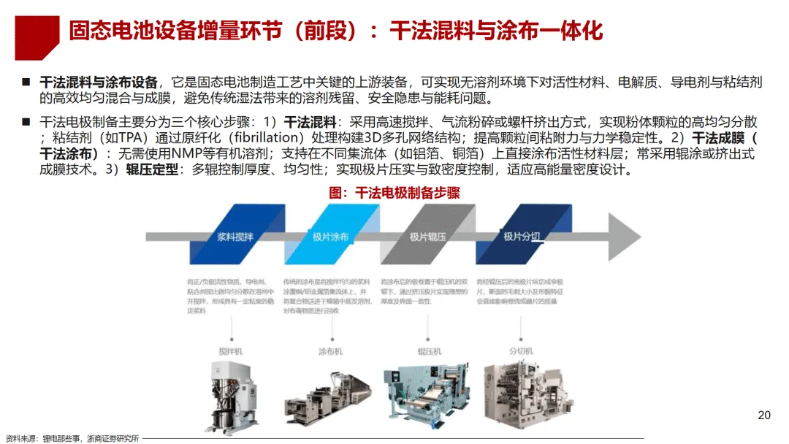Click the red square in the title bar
(37, 37)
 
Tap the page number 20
(764, 416)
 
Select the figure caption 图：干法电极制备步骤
(394, 193)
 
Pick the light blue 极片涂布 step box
(330, 237)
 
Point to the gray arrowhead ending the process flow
(625, 237)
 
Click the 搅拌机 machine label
(230, 351)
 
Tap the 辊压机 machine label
(430, 351)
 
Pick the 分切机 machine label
(521, 351)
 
